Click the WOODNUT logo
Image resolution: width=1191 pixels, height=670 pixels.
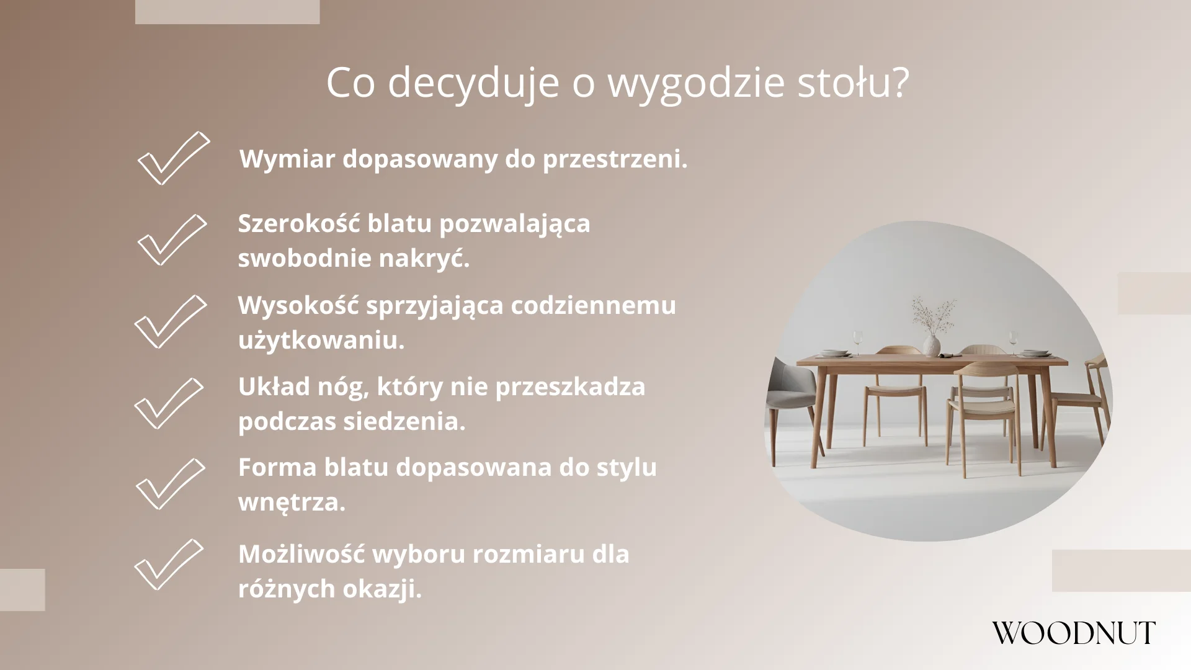coord(1073,633)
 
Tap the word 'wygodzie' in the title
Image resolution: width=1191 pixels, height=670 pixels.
coord(695,83)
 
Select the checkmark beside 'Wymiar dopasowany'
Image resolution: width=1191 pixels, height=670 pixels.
coord(173,159)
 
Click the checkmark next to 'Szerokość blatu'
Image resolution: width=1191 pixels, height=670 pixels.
coord(171,240)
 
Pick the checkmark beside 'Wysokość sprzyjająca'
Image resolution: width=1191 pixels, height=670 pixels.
coord(170,321)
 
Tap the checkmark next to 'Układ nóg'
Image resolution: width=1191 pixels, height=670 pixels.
coord(169,403)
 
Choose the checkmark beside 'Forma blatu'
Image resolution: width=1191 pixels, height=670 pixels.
coord(170,484)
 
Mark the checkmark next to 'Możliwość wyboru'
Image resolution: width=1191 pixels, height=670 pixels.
coord(169,565)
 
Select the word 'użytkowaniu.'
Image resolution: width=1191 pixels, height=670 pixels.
coord(321,341)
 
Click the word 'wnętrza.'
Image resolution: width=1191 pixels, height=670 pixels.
coord(292,502)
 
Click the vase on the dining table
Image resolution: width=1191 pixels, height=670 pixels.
coord(931,344)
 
